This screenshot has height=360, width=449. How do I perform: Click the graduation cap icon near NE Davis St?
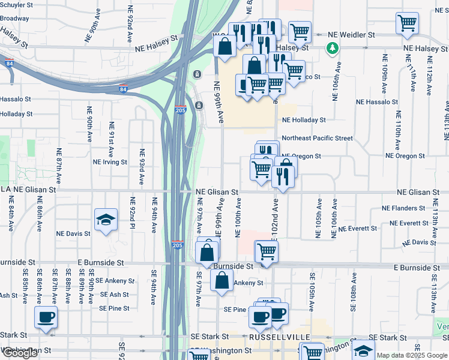(106, 220)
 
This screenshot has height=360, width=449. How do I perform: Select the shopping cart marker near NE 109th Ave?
(408, 24)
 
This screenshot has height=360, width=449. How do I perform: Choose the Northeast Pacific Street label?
(317, 138)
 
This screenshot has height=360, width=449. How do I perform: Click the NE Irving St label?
(110, 162)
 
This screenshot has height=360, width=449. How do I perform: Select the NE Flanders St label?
(403, 208)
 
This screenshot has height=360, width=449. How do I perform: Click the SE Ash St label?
(115, 295)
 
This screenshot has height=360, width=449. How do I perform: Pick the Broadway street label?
(14, 19)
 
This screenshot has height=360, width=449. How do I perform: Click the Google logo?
(20, 353)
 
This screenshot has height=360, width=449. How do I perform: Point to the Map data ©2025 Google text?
(412, 355)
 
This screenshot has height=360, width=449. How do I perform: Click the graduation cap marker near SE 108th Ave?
(363, 350)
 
